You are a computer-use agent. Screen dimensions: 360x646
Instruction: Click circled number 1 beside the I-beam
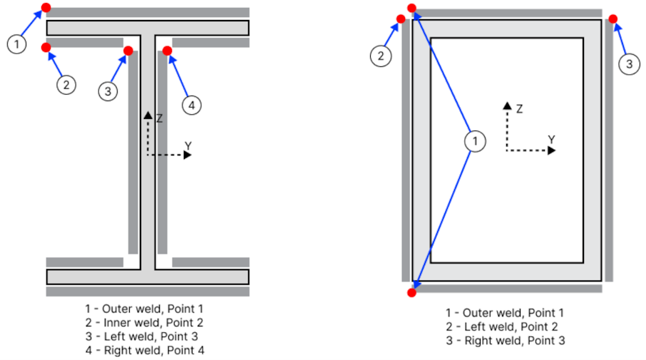(x=16, y=44)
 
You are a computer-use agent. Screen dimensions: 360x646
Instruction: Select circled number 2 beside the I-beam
(x=66, y=85)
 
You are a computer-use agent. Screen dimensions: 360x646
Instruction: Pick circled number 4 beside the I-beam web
(x=190, y=106)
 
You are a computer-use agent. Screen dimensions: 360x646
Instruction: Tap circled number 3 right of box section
(x=627, y=65)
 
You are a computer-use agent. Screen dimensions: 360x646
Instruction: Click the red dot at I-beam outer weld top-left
(x=46, y=8)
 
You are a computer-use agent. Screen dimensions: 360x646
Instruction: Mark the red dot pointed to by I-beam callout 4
(x=167, y=51)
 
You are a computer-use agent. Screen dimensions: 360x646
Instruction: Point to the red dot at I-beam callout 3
(x=128, y=51)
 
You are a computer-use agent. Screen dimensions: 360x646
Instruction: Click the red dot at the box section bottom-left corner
(x=411, y=292)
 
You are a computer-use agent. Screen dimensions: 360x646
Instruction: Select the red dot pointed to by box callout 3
(x=612, y=19)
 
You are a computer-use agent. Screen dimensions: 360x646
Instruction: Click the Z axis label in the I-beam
(x=159, y=118)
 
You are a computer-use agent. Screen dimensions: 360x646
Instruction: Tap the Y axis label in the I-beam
(x=188, y=145)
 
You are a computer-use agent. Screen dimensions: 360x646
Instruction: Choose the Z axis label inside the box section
(x=520, y=109)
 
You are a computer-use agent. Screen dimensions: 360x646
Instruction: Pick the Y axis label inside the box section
(x=551, y=139)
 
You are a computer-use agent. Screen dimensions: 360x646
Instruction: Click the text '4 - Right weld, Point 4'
(x=145, y=350)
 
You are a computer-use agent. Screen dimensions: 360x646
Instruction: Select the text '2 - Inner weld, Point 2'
(x=145, y=323)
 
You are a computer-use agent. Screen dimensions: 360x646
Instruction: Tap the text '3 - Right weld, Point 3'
(x=505, y=341)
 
